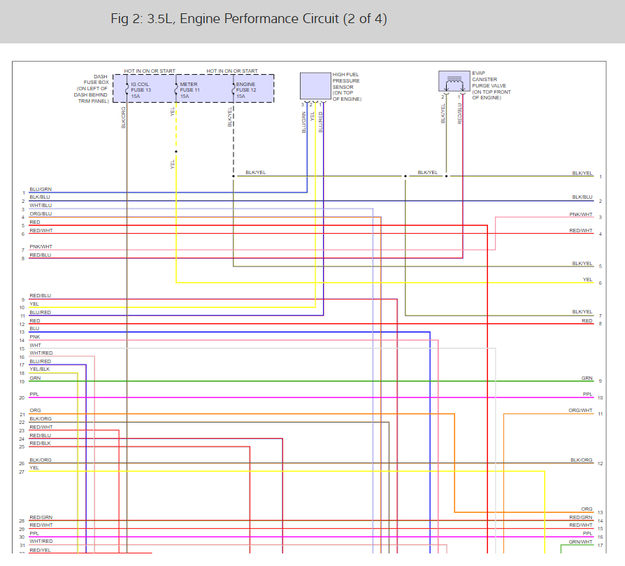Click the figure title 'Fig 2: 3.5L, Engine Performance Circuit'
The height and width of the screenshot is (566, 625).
(x=248, y=19)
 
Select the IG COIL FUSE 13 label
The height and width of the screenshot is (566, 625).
(x=141, y=90)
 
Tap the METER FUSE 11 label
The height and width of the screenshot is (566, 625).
(x=189, y=90)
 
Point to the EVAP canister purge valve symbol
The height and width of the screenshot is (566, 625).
(x=454, y=82)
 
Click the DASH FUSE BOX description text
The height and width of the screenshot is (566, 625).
(x=92, y=89)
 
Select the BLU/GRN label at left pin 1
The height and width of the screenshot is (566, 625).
(x=41, y=190)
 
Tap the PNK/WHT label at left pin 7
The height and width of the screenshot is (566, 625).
(x=41, y=247)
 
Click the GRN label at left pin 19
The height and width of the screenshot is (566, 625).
(x=35, y=378)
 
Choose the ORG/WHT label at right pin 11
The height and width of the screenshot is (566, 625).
(x=581, y=411)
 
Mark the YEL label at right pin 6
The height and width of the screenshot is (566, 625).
(x=587, y=280)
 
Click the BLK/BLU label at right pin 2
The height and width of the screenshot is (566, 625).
(x=582, y=197)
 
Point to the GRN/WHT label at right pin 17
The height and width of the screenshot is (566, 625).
(x=581, y=542)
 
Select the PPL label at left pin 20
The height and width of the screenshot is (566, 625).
(x=34, y=394)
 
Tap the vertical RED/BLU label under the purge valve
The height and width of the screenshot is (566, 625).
(x=459, y=113)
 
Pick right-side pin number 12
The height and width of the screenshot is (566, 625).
(x=600, y=464)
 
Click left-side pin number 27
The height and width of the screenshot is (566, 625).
(x=22, y=472)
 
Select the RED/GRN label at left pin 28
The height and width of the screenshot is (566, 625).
(x=41, y=518)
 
